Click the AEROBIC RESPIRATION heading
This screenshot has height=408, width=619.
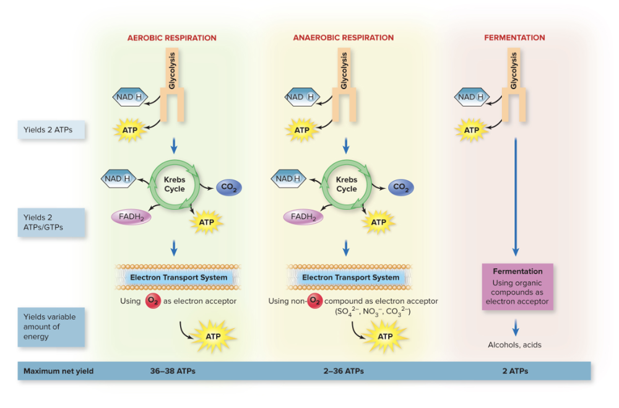171,38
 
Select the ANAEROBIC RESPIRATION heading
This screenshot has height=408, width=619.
343,38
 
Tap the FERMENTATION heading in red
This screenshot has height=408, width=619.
514,38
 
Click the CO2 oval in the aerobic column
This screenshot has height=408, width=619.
228,188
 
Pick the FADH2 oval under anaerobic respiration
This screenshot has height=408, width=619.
303,217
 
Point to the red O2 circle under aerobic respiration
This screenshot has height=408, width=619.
152,301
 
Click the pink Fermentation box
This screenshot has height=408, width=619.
517,286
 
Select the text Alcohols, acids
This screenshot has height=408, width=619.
515,345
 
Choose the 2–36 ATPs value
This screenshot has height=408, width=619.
344,371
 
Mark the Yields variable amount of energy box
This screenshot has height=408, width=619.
50,326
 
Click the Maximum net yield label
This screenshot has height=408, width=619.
58,371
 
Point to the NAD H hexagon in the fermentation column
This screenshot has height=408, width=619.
472,97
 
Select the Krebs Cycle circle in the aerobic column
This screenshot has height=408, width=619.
174,184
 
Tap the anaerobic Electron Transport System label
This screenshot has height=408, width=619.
351,277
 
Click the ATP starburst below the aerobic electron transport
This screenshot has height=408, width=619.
214,336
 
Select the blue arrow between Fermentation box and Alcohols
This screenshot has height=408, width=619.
515,328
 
